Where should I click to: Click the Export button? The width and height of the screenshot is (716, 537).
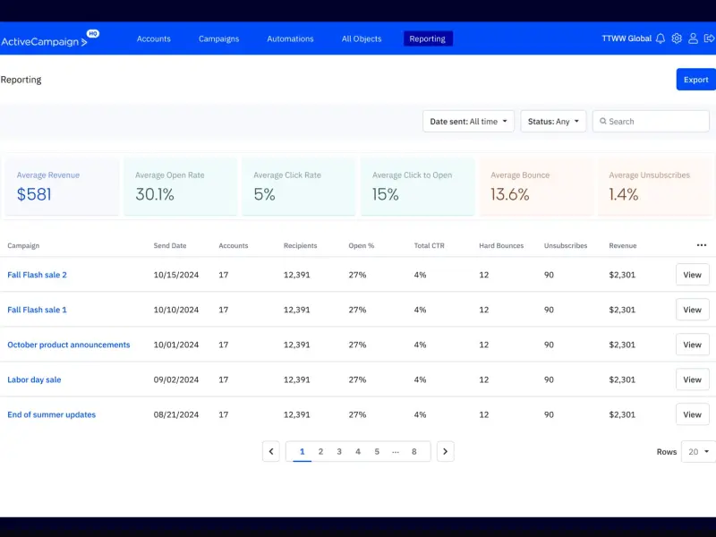[x=695, y=80]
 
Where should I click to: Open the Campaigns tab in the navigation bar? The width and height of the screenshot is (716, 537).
[x=218, y=38]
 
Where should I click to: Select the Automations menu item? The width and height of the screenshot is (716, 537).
[x=290, y=38]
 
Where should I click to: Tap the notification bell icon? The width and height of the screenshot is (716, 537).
[x=661, y=38]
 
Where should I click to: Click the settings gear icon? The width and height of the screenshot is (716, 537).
[x=677, y=38]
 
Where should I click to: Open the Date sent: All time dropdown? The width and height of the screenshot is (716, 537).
[x=468, y=122]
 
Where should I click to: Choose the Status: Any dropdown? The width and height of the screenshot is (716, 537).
[x=553, y=122]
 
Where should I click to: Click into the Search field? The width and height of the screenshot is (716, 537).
[x=651, y=122]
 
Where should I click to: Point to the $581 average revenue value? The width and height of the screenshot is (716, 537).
[x=34, y=194]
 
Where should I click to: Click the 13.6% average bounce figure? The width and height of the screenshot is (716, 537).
[x=510, y=194]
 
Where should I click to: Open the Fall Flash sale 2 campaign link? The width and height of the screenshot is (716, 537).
[x=37, y=275]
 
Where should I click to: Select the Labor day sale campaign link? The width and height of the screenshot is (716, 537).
[x=34, y=379]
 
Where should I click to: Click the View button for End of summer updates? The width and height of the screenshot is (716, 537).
[x=692, y=414]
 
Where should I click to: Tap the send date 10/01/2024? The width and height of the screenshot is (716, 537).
[x=175, y=345]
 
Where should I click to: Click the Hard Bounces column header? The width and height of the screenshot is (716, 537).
[x=501, y=245]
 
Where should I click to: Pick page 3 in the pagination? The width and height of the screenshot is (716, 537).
[x=339, y=452]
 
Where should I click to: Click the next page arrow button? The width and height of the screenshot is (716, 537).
[x=445, y=452]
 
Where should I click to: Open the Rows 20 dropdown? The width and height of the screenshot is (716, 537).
[x=698, y=452]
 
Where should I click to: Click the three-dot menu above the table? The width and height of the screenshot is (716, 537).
[x=702, y=245]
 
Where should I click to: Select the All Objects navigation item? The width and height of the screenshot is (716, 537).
[x=362, y=38]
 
